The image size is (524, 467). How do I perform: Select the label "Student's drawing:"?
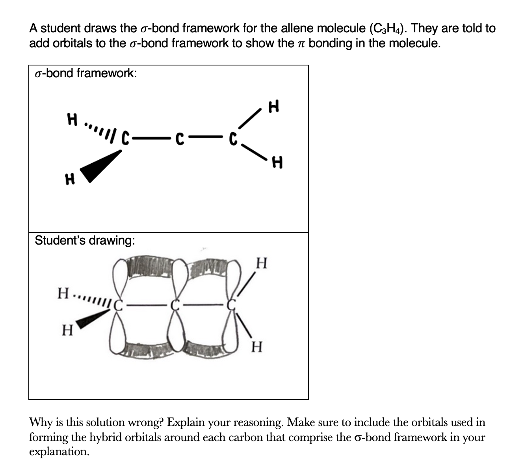(x=85, y=240)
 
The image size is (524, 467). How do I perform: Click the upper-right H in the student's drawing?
(x=262, y=262)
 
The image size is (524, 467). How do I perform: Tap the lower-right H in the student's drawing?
(x=256, y=347)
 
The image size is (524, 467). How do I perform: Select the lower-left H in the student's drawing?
(x=68, y=330)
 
